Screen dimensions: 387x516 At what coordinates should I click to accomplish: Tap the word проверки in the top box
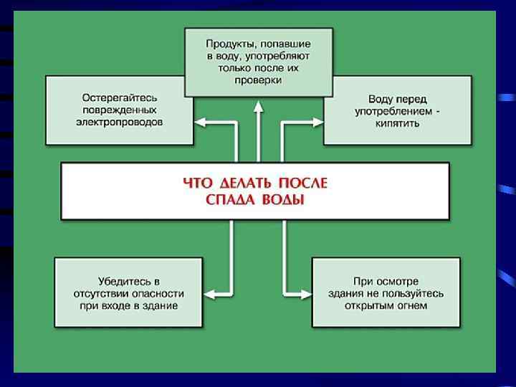pyautogui.click(x=258, y=80)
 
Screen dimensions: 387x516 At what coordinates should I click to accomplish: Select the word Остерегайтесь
pyautogui.click(x=120, y=97)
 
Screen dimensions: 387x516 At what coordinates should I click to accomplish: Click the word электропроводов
pyautogui.click(x=120, y=122)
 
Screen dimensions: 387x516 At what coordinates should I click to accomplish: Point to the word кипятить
pyautogui.click(x=396, y=123)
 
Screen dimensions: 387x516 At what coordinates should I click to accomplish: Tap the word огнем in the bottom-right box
pyautogui.click(x=411, y=305)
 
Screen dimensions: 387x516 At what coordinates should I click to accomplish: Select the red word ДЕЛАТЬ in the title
pyautogui.click(x=240, y=183)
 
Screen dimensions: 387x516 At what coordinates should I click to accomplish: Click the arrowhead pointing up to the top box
pyautogui.click(x=258, y=105)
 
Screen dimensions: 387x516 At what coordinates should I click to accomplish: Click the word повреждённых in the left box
pyautogui.click(x=120, y=110)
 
